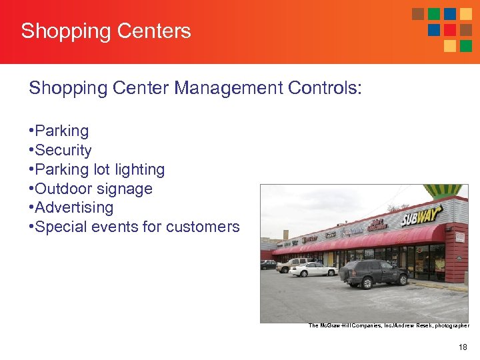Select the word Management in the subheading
coord(209,88)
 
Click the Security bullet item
coord(63,151)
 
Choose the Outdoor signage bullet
coord(93,189)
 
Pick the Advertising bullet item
coord(73,207)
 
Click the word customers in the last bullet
coord(203,227)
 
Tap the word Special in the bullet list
coord(59,227)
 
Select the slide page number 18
coord(463,347)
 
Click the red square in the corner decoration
coord(450,30)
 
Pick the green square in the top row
coord(434,14)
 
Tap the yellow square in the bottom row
coord(450,46)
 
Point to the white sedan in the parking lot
coord(312,269)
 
